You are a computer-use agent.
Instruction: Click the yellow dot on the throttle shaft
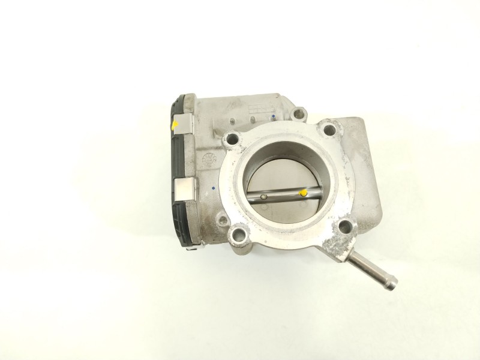pos(304,193)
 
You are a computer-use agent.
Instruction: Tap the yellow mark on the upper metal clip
pos(175,124)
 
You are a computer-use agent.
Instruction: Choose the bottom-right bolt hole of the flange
pos(346,227)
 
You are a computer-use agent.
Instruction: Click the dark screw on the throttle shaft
pos(263,196)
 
